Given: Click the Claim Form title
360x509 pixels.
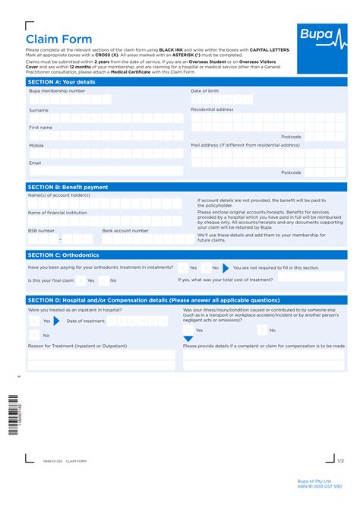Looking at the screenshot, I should (x=59, y=40).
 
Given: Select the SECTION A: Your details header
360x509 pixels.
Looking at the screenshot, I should (x=62, y=81).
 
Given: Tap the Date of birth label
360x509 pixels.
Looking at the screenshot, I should (x=206, y=91).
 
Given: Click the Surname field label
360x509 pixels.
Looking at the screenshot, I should (x=39, y=110).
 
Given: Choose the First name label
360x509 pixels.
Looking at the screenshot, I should (x=40, y=128).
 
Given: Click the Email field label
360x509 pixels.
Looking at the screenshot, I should (x=35, y=163).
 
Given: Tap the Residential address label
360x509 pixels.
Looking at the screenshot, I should (x=212, y=109).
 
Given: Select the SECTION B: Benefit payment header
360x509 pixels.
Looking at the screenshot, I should (x=68, y=187).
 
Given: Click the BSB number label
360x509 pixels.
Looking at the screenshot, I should (x=41, y=230).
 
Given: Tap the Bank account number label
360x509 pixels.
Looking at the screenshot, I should (x=125, y=230).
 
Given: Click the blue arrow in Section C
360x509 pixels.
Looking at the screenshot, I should (x=226, y=267).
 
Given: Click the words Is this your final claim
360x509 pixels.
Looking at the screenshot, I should (x=52, y=280).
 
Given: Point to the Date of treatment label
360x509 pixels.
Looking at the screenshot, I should (x=86, y=321).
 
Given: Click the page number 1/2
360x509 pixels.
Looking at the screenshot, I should (x=341, y=460).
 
